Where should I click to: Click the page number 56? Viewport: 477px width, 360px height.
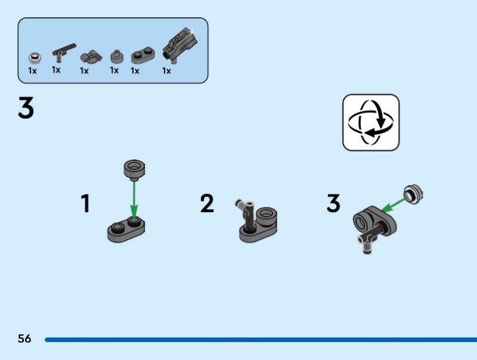coord(24,339)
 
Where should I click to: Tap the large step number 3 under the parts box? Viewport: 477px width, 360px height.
coord(26,108)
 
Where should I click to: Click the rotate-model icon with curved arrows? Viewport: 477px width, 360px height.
coord(371,122)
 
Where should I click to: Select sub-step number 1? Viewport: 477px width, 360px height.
coord(85,203)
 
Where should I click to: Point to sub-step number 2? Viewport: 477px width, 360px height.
coord(207,203)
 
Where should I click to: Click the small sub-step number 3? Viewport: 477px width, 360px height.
coord(333,203)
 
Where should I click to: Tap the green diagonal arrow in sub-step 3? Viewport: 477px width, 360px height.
coord(394,204)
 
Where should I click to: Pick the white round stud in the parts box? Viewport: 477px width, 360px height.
coord(35,58)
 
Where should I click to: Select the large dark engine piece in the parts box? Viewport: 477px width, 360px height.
coord(180,45)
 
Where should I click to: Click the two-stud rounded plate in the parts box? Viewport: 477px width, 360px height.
coord(143,55)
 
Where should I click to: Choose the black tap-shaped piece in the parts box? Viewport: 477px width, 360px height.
coord(64,52)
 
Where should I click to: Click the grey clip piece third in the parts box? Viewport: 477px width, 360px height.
coord(91,57)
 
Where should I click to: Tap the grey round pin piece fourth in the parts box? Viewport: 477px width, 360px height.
coord(117,57)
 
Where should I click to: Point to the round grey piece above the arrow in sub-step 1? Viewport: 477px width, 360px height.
coord(134,170)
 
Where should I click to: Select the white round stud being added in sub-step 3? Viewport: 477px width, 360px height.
coord(413,194)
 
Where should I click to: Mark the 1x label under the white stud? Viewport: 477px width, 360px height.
coord(32,71)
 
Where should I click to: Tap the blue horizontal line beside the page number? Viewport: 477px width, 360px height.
coord(261,340)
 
